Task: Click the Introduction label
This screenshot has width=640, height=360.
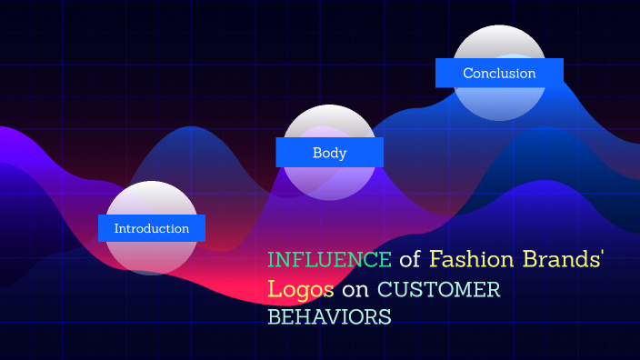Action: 152,229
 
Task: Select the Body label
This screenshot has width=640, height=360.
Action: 329,153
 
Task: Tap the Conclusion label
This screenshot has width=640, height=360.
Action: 499,74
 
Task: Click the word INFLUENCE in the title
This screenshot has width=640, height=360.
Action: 329,260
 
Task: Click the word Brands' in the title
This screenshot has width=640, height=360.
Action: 565,260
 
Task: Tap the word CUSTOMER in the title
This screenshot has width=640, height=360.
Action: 439,289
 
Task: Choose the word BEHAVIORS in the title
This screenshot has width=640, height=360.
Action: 329,317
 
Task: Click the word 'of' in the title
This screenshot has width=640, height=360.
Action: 410,260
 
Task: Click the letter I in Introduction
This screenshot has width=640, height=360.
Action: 116,229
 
